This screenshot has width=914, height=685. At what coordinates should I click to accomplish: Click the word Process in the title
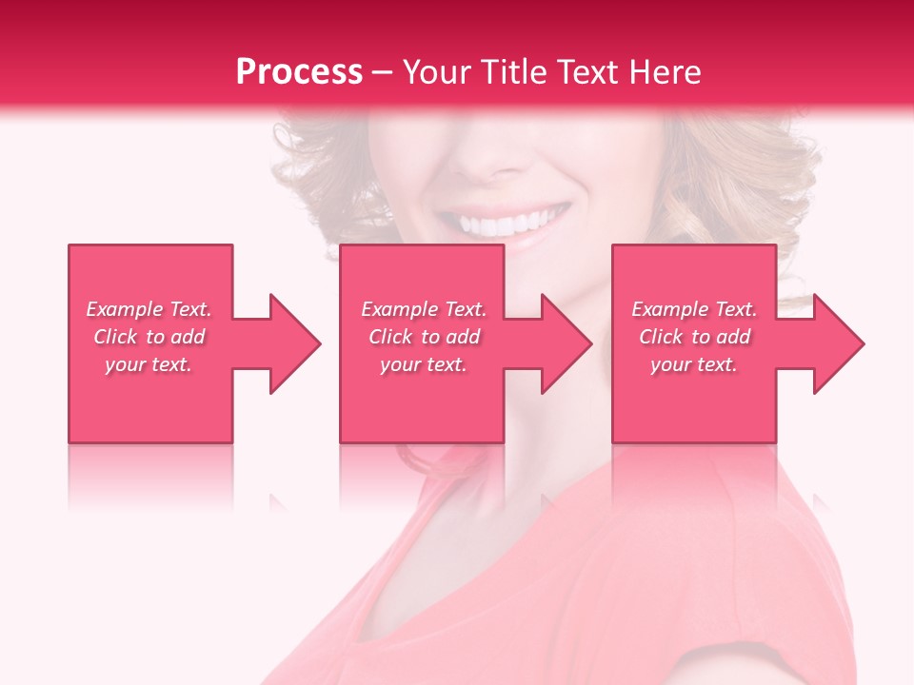point(299,72)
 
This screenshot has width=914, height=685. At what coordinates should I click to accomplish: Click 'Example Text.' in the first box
point(149,309)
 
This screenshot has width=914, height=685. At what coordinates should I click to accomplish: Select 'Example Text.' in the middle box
point(424,309)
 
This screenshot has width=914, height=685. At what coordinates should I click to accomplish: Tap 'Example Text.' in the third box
point(694,309)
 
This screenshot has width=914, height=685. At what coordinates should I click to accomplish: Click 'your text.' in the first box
point(149,364)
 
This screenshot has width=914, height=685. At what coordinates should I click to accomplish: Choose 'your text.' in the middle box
point(424,364)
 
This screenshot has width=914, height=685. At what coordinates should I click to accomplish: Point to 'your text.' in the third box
point(694,364)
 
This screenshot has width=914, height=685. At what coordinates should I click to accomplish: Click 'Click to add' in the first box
point(149,337)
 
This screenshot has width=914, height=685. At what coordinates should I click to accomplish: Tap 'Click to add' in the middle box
point(424,337)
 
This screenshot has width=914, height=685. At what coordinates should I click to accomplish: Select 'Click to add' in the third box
point(694,337)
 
